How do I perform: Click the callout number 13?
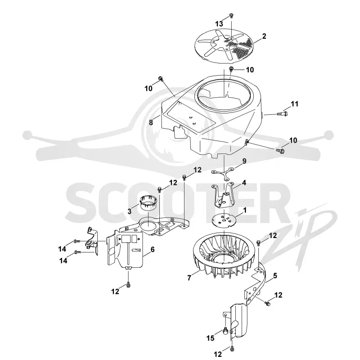219,24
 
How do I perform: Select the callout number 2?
264,36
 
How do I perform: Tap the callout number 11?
295,104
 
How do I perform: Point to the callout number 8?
151,122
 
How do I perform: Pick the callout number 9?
244,161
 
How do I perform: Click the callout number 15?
210,338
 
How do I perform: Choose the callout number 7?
189,278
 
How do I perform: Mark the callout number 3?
130,211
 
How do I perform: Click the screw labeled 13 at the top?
231,16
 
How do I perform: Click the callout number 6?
153,249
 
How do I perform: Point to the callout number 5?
275,275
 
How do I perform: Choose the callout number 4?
244,183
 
